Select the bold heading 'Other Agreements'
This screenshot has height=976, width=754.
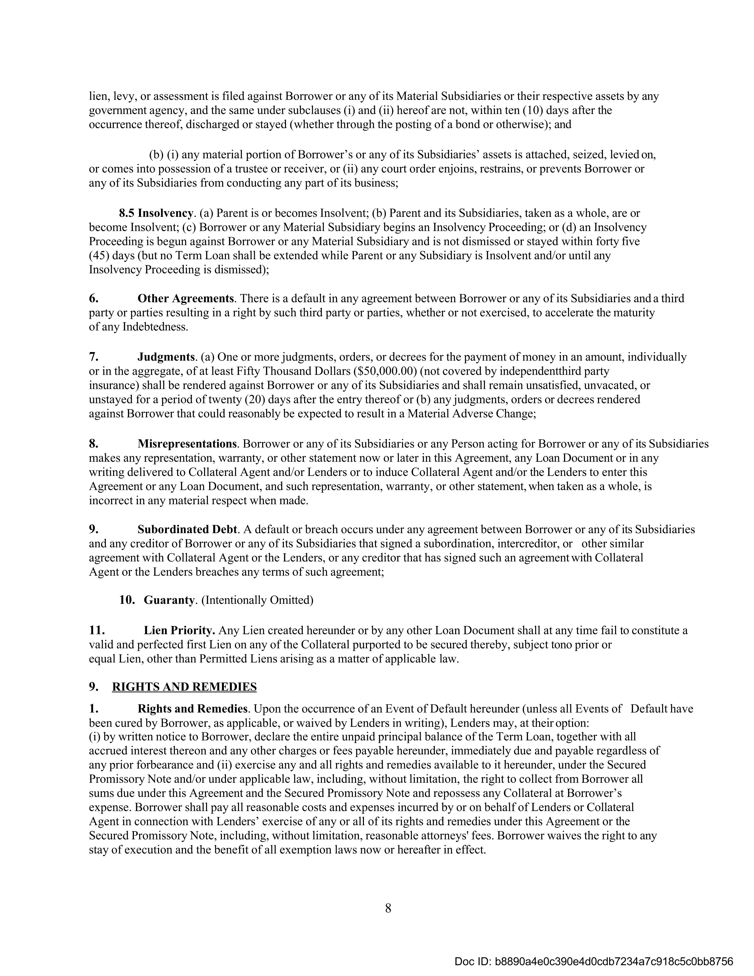coord(185,299)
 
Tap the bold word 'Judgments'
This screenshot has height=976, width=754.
coord(166,357)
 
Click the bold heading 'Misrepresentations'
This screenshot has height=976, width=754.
coord(187,444)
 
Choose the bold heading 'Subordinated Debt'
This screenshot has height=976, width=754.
coord(187,530)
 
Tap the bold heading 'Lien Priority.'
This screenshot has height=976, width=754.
coord(179,630)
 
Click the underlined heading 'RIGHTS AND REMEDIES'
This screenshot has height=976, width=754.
coord(184,687)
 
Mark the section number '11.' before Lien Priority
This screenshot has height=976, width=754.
coord(97,630)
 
